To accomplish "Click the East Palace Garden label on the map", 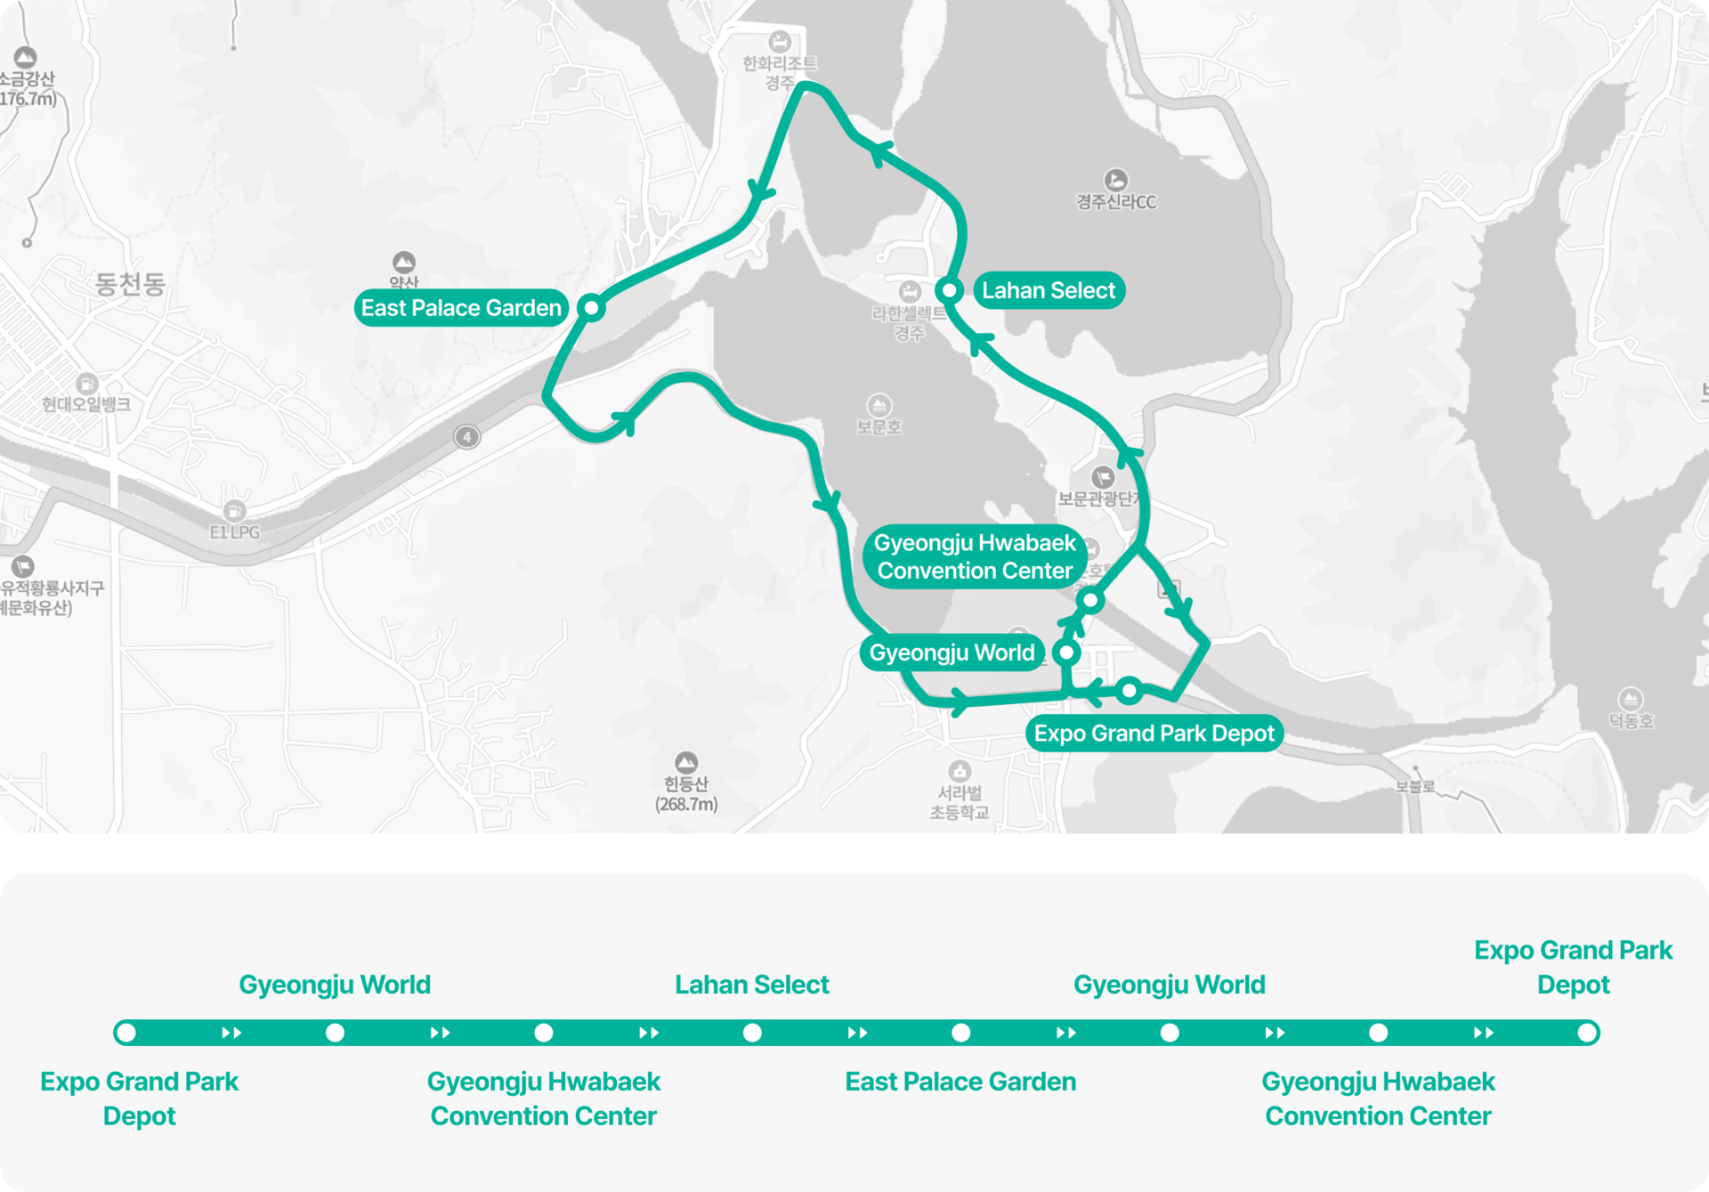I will (461, 308).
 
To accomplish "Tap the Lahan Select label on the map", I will (1049, 290).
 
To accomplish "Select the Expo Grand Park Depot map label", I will (1154, 734).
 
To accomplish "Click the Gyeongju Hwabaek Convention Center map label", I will (975, 556).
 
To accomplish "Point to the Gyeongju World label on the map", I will (952, 653).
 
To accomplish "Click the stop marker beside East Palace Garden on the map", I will (591, 308).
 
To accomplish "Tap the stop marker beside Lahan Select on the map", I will (950, 290).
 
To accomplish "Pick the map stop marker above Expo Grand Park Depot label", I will (1129, 690).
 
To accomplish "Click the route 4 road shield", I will (467, 436).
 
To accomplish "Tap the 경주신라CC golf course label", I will (1116, 201).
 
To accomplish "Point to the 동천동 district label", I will (130, 284).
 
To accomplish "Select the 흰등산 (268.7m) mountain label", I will (685, 792).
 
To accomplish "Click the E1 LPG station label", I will (235, 531).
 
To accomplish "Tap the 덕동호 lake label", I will (1631, 720).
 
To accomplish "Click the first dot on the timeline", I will (126, 1033).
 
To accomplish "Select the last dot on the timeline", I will (1586, 1033).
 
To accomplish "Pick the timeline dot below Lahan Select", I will (752, 1033).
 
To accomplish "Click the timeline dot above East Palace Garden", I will (960, 1033).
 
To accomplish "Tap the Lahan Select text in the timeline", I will (751, 985).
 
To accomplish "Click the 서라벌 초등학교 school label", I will (959, 802).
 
